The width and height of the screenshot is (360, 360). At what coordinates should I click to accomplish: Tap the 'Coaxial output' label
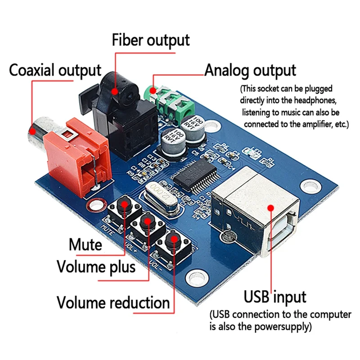55,70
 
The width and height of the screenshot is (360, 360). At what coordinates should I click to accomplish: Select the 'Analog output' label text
250,71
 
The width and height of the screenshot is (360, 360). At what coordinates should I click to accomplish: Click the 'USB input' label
275,297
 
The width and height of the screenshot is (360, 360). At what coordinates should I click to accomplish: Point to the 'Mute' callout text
85,245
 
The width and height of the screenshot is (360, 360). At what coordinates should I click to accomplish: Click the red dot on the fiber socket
115,91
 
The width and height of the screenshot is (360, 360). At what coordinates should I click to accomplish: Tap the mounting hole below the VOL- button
196,276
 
